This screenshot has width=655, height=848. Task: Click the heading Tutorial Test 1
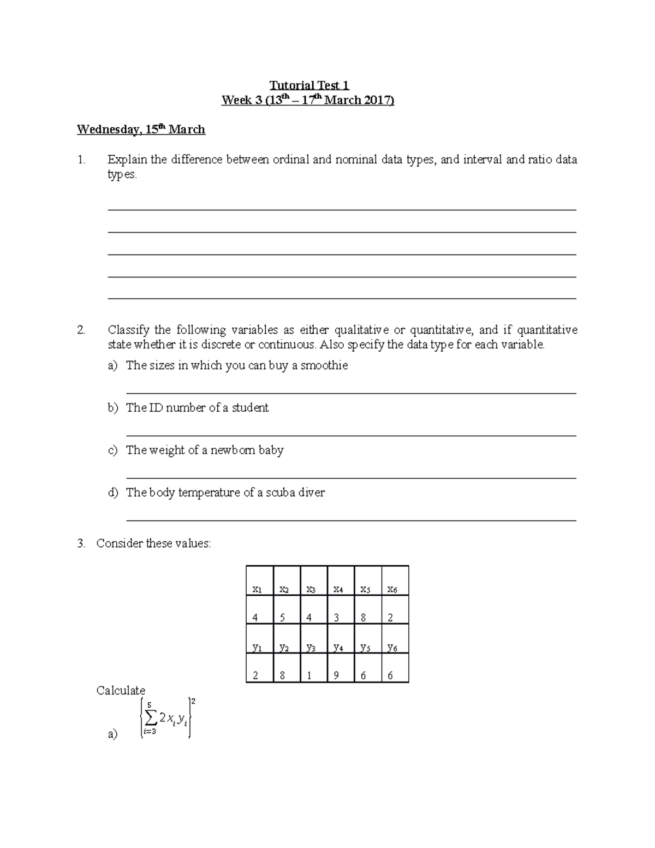[x=309, y=85]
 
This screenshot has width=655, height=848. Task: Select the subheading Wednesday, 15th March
[x=141, y=129]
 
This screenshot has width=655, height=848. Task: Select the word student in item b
[x=250, y=408]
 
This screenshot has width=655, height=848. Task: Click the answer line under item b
[x=351, y=436]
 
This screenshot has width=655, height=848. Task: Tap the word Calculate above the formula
[x=121, y=690]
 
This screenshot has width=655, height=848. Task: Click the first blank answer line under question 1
[x=342, y=210]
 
